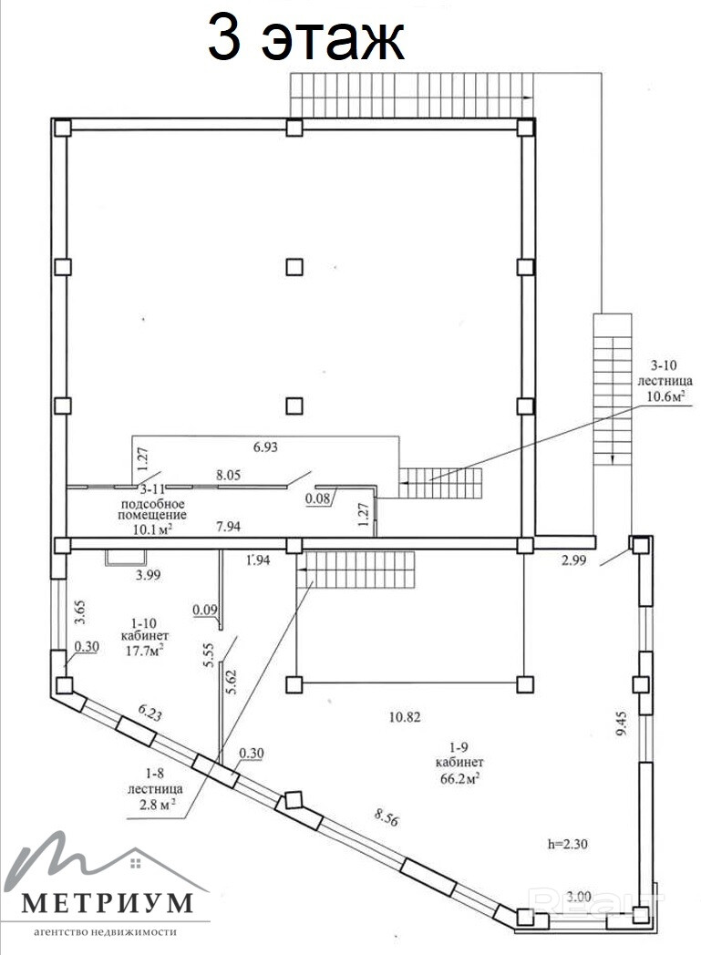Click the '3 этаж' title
(x=305, y=37)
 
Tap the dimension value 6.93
(x=265, y=447)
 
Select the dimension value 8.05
(x=229, y=475)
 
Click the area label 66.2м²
(x=459, y=779)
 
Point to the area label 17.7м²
(x=145, y=651)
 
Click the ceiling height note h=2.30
(x=568, y=844)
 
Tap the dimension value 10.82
(x=405, y=717)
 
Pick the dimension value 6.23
(x=149, y=713)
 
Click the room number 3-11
(x=153, y=489)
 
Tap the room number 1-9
(x=458, y=746)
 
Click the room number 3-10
(x=664, y=365)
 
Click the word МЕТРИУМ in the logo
(x=107, y=903)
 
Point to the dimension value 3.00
(x=578, y=897)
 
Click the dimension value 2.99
(x=573, y=560)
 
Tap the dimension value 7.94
(x=229, y=526)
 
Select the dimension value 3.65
(x=80, y=613)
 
